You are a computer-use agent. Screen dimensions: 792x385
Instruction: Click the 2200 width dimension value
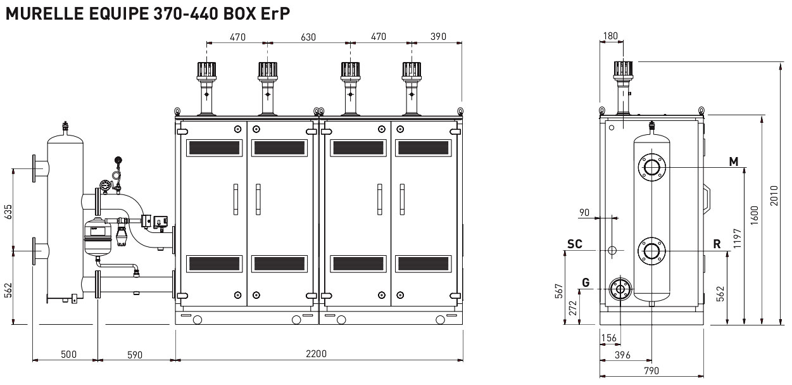(316, 353)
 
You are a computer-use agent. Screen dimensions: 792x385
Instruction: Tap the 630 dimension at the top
(308, 37)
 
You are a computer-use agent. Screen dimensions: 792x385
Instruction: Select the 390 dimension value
(438, 37)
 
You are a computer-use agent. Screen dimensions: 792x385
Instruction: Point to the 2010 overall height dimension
(774, 196)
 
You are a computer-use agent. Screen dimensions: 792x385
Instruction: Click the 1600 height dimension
(754, 215)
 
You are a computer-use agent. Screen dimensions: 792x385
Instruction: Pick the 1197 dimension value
(737, 238)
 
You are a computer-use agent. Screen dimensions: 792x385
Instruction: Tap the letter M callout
(734, 161)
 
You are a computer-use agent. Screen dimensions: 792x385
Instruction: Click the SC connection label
(575, 244)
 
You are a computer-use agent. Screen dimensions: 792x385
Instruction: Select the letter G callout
(586, 282)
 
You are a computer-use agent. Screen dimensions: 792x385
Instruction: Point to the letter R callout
(717, 244)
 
